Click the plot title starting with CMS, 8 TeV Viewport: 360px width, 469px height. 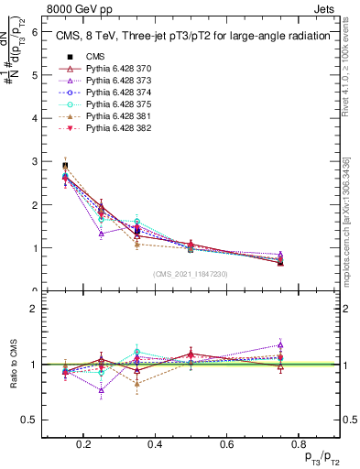pyautogui.click(x=192, y=37)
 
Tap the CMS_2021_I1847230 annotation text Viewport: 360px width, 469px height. pyautogui.click(x=191, y=275)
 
